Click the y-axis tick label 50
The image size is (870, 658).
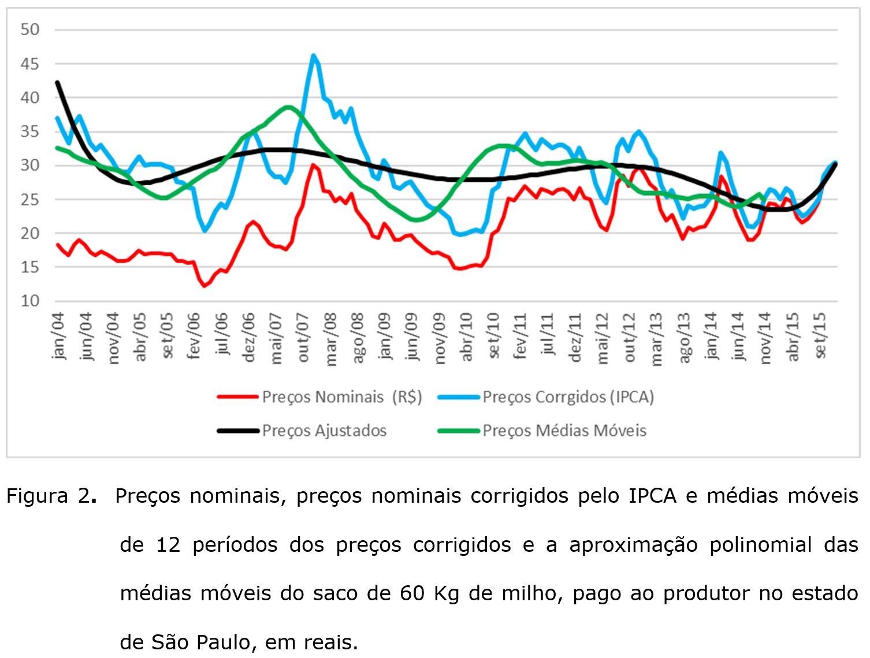coord(29,29)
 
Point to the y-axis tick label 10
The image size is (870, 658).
coord(29,301)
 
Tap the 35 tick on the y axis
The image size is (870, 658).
coord(29,132)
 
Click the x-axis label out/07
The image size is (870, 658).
coord(303,337)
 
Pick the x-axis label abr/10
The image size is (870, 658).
coord(467,337)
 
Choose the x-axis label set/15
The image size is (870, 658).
coord(820,336)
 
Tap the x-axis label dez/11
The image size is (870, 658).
coord(575,337)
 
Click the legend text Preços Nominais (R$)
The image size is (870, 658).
coord(342,397)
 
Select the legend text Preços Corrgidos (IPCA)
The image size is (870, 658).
coord(568,397)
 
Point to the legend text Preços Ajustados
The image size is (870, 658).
coord(324,431)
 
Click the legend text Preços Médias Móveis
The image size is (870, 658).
coord(564,431)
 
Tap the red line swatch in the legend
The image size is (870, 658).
coord(237,397)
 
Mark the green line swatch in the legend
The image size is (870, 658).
coord(459,431)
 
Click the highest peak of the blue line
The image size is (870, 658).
coord(313,55)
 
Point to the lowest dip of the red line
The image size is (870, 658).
coord(204,286)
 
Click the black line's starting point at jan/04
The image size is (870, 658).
coord(57,82)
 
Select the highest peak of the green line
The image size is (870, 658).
coord(288,107)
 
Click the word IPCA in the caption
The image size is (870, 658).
coord(652,496)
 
